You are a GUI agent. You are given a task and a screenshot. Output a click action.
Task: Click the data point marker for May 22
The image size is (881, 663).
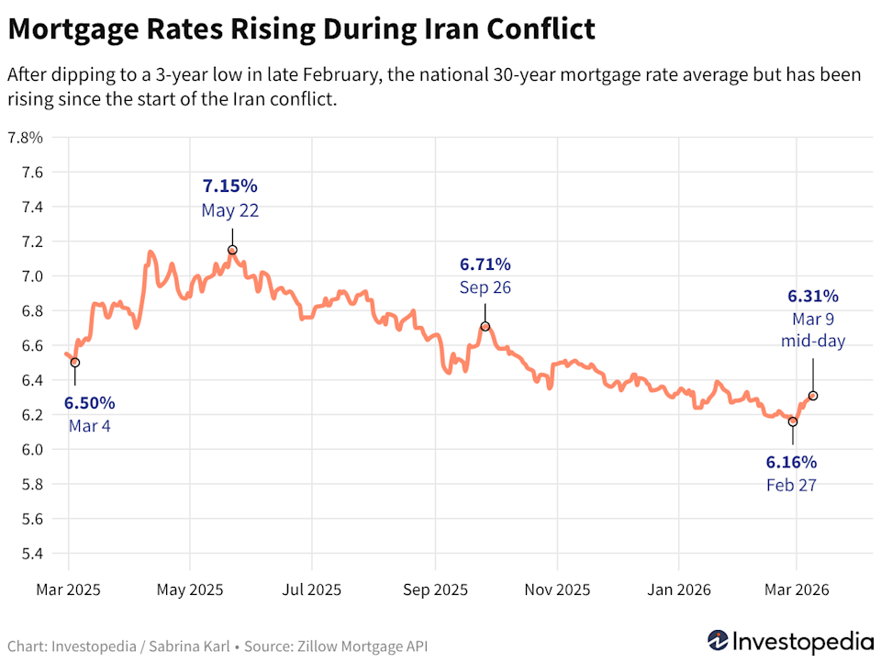point(232,250)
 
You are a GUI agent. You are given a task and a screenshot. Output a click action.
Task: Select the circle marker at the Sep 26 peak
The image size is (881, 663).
point(485,326)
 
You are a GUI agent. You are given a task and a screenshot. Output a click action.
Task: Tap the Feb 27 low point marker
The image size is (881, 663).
point(793,421)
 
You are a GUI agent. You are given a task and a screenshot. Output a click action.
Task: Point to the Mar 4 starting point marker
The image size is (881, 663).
point(75,363)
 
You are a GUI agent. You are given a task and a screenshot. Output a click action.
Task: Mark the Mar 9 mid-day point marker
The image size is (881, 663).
point(813,396)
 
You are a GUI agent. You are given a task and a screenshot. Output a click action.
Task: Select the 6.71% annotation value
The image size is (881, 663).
point(485,264)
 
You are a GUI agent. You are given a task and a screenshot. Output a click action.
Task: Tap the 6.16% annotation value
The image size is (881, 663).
point(791,461)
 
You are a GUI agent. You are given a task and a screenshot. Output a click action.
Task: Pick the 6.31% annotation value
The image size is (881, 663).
point(813,296)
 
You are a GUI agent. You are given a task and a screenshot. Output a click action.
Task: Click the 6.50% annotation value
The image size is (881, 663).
point(89,402)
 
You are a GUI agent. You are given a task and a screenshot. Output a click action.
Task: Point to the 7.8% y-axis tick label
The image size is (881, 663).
point(25,138)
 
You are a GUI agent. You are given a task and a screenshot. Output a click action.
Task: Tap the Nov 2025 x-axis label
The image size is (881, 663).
point(557,590)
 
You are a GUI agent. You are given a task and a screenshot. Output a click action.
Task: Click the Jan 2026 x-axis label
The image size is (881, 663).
point(677,590)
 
